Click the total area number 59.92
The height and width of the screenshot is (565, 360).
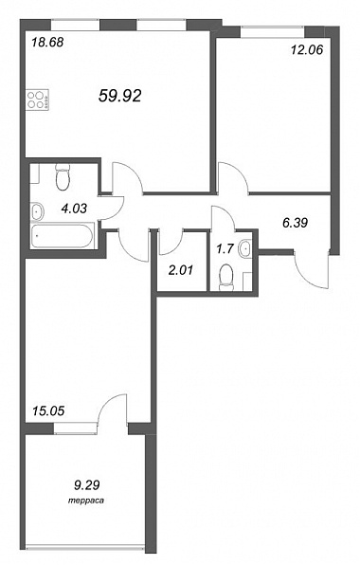tap(119, 96)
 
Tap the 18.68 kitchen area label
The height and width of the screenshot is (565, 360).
tap(47, 42)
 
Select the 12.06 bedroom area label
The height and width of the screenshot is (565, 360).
tap(307, 49)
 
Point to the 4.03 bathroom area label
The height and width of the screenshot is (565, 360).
tap(74, 208)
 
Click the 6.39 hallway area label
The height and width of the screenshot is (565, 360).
tap(296, 223)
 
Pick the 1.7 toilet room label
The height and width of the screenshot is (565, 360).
tap(225, 248)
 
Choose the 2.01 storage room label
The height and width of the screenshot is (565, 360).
tap(181, 270)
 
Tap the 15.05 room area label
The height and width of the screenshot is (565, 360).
tap(48, 410)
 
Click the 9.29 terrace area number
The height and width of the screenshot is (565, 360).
tap(86, 485)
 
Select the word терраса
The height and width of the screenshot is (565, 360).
tap(86, 501)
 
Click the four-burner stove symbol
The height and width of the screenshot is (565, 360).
tap(38, 100)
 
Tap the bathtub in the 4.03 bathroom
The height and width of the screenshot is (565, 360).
tap(63, 236)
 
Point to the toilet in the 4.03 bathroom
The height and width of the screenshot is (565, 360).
tap(63, 176)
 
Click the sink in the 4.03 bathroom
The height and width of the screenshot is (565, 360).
tap(37, 211)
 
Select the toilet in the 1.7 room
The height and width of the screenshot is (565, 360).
tap(226, 277)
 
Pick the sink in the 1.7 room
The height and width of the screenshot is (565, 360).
tap(245, 247)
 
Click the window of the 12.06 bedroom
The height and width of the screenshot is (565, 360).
tap(273, 31)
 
